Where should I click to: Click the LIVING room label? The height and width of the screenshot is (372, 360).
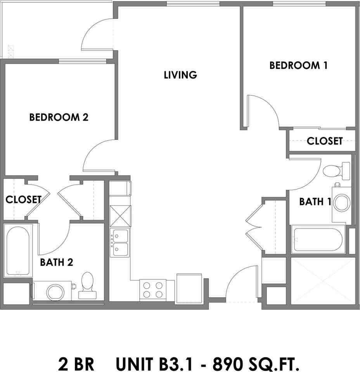180,75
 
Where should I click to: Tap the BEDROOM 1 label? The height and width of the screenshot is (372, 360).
298,65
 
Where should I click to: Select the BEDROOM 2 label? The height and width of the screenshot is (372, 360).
59,117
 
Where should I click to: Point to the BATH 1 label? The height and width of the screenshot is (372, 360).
315,201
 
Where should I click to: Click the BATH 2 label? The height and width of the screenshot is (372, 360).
57,262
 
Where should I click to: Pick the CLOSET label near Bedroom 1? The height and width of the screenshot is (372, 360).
325,141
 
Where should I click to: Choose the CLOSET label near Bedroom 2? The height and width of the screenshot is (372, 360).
24,200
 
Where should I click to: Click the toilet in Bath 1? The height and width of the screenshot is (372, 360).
336,171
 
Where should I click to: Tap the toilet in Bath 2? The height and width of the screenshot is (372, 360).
87,286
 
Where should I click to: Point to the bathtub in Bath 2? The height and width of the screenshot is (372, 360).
18,251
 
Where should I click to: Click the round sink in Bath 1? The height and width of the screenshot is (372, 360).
342,203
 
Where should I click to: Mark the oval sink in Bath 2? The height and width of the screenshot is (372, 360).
55,292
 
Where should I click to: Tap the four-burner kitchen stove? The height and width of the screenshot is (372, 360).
153,290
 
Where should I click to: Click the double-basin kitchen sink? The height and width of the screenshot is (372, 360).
120,242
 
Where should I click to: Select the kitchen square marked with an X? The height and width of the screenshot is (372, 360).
120,216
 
